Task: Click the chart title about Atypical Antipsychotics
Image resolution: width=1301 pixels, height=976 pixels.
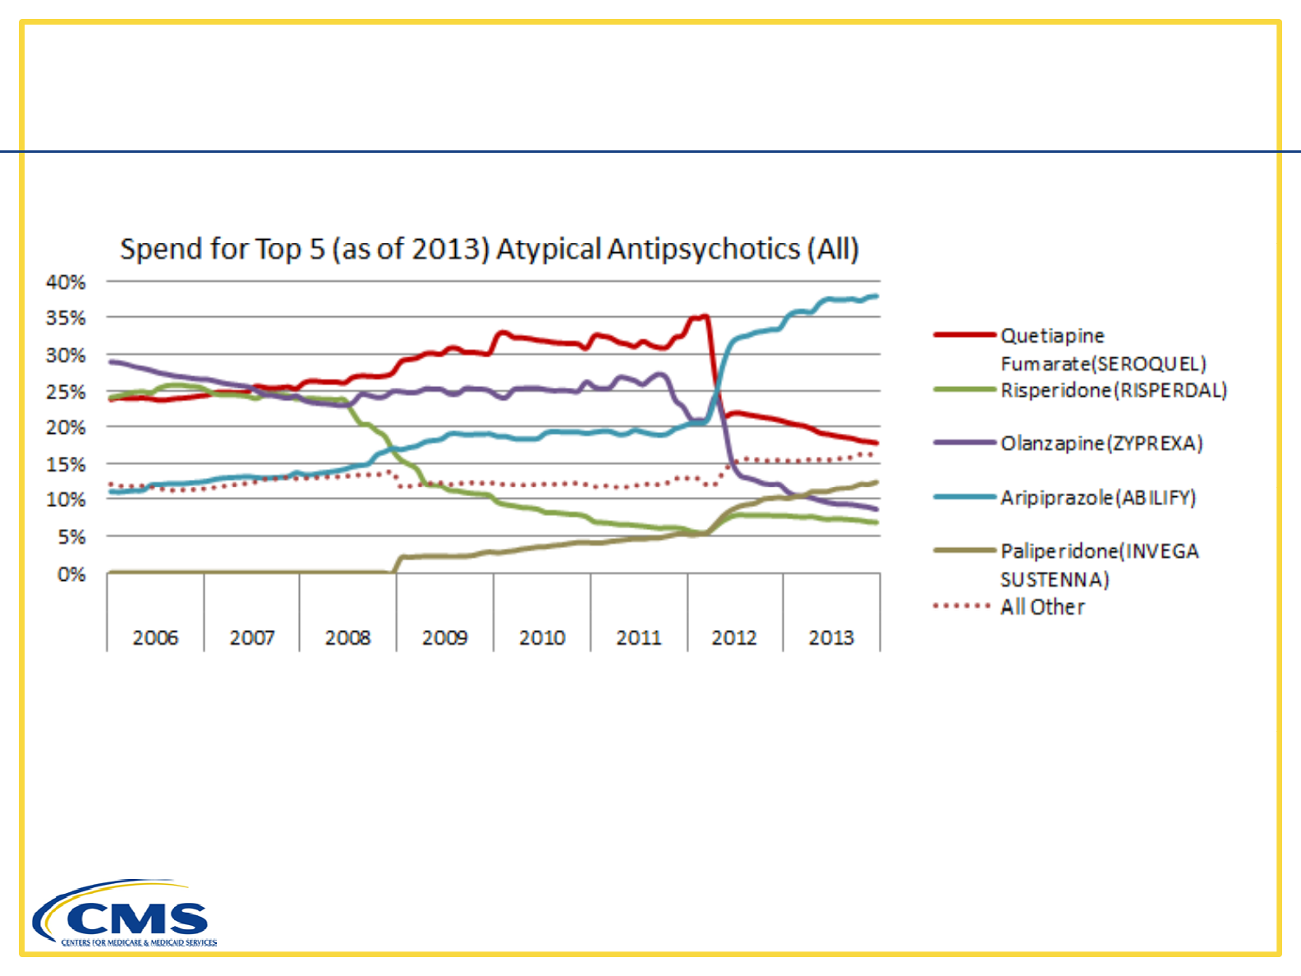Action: pyautogui.click(x=490, y=249)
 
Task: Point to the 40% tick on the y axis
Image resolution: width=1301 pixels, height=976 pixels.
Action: pyautogui.click(x=66, y=282)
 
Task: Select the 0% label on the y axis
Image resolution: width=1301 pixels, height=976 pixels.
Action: pyautogui.click(x=71, y=574)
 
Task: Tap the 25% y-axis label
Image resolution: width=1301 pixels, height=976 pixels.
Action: pyautogui.click(x=66, y=392)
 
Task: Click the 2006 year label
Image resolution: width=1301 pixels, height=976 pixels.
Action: pyautogui.click(x=155, y=638)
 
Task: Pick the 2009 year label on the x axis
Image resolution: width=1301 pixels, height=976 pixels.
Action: pyautogui.click(x=444, y=638)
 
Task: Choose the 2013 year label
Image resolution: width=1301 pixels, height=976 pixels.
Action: pyautogui.click(x=831, y=638)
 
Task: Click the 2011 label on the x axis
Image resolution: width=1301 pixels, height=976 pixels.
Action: pyautogui.click(x=638, y=638)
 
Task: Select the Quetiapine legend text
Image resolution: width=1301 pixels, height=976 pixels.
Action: pyautogui.click(x=1052, y=336)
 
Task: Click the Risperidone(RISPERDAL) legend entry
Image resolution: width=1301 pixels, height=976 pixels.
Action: pyautogui.click(x=1113, y=390)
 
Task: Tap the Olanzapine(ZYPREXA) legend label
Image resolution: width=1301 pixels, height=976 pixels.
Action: pyautogui.click(x=1101, y=444)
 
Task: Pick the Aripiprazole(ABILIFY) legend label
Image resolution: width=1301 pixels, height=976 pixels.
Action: pyautogui.click(x=1097, y=498)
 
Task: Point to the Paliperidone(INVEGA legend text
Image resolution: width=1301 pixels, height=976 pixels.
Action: pyautogui.click(x=1099, y=551)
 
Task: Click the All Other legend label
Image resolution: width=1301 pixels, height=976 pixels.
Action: pyautogui.click(x=1042, y=607)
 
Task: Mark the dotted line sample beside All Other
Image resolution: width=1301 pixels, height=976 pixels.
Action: pyautogui.click(x=963, y=606)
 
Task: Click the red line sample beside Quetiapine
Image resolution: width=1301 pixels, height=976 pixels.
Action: pyautogui.click(x=964, y=335)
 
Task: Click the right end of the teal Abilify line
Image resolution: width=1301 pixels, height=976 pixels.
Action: pyautogui.click(x=876, y=296)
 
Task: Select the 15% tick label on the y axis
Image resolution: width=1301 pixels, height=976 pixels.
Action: pyautogui.click(x=66, y=464)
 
